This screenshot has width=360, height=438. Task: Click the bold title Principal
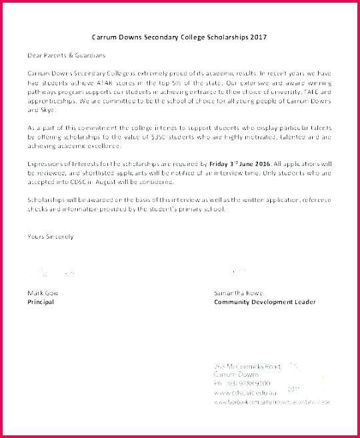tap(40, 302)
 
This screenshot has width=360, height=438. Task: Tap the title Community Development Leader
tap(265, 302)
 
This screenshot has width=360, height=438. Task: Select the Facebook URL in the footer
tap(272, 403)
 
